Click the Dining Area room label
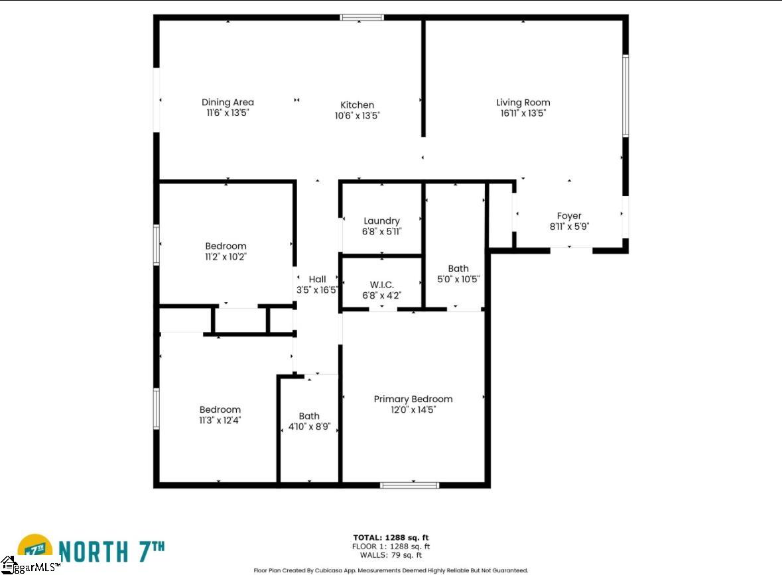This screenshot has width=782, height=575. [x=228, y=102]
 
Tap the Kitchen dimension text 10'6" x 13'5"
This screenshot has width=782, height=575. [x=357, y=116]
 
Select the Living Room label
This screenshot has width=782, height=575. [x=523, y=102]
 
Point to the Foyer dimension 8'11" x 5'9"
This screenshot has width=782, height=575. [x=570, y=226]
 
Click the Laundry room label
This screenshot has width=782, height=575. [x=381, y=221]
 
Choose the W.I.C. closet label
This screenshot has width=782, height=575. [x=381, y=284]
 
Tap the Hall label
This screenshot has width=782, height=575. [x=317, y=279]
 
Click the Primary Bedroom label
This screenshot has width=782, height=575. [x=413, y=399]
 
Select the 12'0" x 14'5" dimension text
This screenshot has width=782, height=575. [x=413, y=409]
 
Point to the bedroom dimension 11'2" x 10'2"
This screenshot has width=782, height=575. [x=226, y=256]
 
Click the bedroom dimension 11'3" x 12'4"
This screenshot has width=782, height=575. [x=220, y=420]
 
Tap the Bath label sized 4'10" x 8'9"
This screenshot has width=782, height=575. [x=309, y=416]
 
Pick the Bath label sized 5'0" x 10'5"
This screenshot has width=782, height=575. [x=458, y=268]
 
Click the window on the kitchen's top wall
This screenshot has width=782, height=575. [x=362, y=17]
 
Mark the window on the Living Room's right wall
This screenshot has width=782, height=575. [x=625, y=95]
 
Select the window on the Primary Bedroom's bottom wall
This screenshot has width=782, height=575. [x=409, y=485]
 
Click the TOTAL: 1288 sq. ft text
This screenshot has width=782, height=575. [x=391, y=538]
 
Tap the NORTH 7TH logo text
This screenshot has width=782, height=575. [x=111, y=552]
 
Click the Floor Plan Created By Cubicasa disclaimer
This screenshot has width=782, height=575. [x=391, y=570]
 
